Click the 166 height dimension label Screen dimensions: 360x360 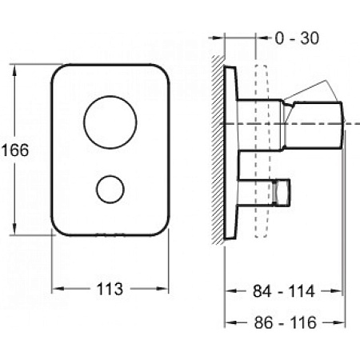tap(15, 150)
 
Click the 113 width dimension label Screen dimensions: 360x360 tap(110, 289)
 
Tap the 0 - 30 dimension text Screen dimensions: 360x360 tap(297, 38)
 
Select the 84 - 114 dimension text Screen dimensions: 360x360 tap(284, 291)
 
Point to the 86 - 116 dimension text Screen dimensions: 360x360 tap(285, 322)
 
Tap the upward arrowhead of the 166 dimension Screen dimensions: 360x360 tap(14, 70)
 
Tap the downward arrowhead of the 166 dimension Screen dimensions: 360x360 tap(14, 230)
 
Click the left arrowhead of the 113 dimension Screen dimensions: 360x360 tap(58, 289)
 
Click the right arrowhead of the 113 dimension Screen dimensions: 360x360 tap(162, 289)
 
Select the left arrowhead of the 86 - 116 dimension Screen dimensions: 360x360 tap(231, 322)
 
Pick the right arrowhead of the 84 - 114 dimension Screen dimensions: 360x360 tap(335, 290)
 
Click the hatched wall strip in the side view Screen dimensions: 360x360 tap(218, 150)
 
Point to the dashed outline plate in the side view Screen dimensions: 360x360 tap(262, 151)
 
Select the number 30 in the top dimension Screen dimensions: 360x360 tap(310, 38)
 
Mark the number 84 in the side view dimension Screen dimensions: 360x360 tap(262, 291)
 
